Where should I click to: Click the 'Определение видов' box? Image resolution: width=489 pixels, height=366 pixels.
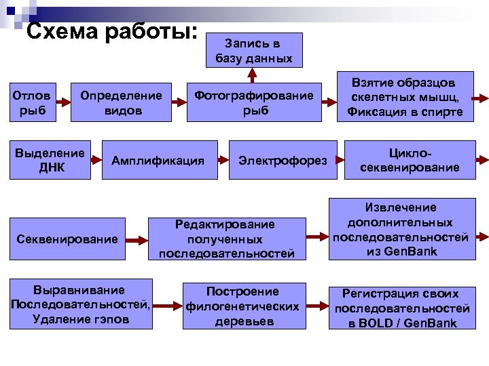(122, 102)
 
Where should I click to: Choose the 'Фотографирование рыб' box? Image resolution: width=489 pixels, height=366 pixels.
(254, 102)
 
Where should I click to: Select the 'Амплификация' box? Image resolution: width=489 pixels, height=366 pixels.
(158, 161)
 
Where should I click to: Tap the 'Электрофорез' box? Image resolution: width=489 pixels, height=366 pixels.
(283, 161)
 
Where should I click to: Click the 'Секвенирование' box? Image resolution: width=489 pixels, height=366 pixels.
(67, 239)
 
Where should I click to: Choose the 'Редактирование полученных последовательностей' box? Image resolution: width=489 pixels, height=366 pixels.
(227, 239)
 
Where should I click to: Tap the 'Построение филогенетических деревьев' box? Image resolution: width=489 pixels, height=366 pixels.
(242, 306)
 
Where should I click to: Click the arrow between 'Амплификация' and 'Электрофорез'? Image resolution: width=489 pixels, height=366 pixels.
(223, 161)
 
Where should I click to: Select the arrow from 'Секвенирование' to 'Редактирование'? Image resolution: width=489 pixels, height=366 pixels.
(137, 239)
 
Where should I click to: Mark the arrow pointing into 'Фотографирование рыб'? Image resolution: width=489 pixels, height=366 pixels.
(183, 102)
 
